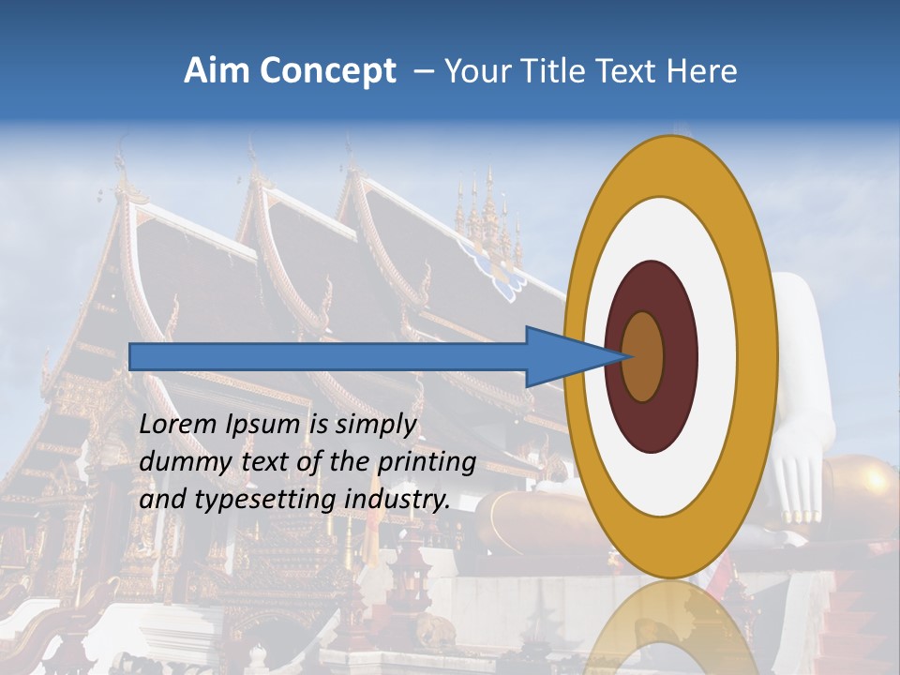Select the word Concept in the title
coord(327,72)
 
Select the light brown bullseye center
coord(642,356)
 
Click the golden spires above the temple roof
coord(488,220)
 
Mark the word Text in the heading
coord(631,71)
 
